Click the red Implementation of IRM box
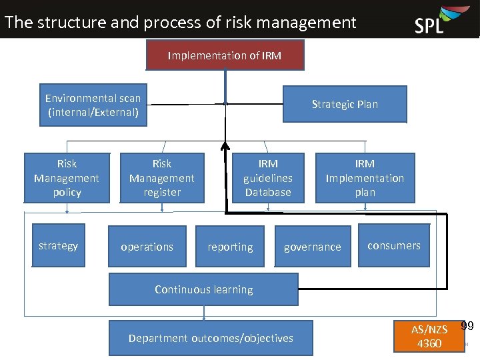(x=225, y=55)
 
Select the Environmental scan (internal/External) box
(x=93, y=105)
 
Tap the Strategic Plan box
(x=345, y=104)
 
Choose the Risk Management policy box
(x=67, y=178)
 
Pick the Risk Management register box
(x=162, y=178)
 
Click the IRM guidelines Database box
(x=268, y=178)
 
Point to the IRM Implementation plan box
(x=365, y=178)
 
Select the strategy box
(x=59, y=245)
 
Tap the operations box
(x=147, y=246)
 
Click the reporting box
(x=230, y=246)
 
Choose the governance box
(x=313, y=246)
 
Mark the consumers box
(x=394, y=245)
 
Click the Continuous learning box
(x=203, y=289)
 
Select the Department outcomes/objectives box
(x=211, y=338)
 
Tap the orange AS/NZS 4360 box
(x=429, y=335)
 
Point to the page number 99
(x=468, y=326)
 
